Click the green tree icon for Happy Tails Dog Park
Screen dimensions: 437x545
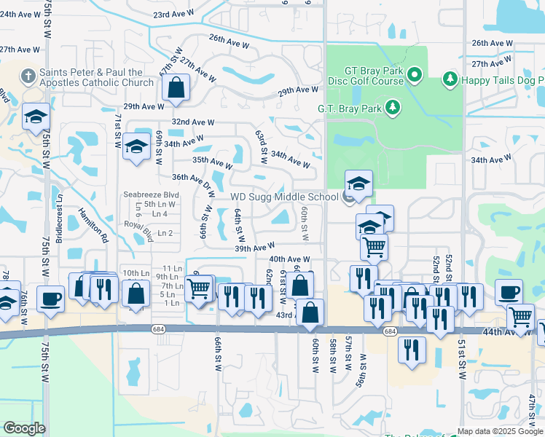450,78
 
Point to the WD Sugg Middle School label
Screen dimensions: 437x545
285,196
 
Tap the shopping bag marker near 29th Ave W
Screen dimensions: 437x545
177,88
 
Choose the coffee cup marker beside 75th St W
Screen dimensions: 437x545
51,298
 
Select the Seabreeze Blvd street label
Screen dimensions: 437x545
151,195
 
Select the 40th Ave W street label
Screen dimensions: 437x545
289,259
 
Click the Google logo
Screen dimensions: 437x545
24,428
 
